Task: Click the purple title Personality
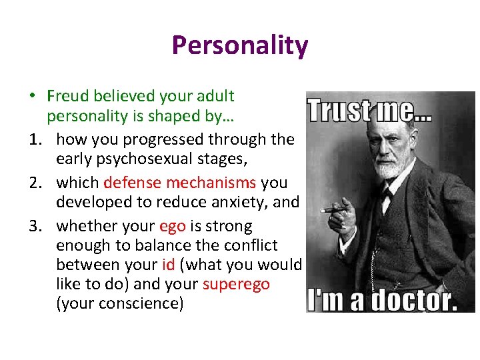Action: [239, 45]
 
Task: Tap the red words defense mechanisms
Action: [179, 183]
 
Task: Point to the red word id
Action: [167, 265]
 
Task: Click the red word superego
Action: [236, 284]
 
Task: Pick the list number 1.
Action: [34, 139]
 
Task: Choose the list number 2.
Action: [34, 183]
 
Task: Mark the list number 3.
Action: [34, 226]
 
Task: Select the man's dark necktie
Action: [385, 200]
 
